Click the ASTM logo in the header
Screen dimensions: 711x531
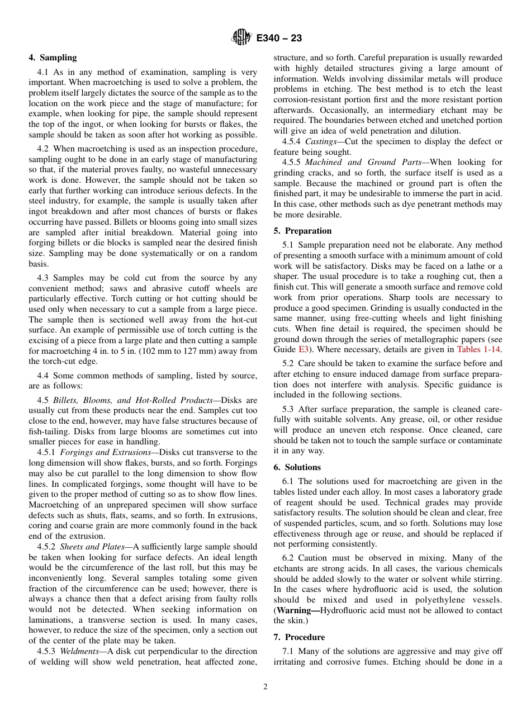[x=241, y=38]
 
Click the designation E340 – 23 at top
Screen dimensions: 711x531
[x=279, y=38]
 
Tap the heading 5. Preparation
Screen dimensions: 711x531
[x=302, y=231]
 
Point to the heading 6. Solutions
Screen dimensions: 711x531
[x=297, y=467]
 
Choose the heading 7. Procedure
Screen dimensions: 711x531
[x=299, y=637]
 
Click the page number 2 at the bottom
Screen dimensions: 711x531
[x=265, y=687]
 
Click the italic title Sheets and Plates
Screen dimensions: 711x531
[x=92, y=547]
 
